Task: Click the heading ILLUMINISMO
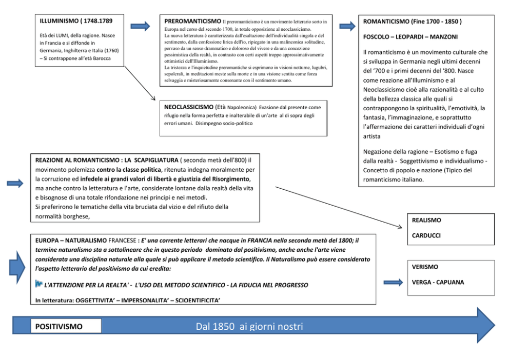tap(62, 21)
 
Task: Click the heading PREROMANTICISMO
tap(193, 21)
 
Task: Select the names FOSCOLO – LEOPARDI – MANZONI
tap(410, 37)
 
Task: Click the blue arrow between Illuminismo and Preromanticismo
tap(140, 26)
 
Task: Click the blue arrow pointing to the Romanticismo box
tap(347, 26)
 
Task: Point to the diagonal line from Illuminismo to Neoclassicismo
tap(140, 83)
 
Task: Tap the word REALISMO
tap(427, 220)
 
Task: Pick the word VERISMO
tap(425, 267)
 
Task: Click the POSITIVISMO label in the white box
tap(58, 326)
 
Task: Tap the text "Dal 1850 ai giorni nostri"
tap(249, 326)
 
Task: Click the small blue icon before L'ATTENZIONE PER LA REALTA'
tap(38, 283)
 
